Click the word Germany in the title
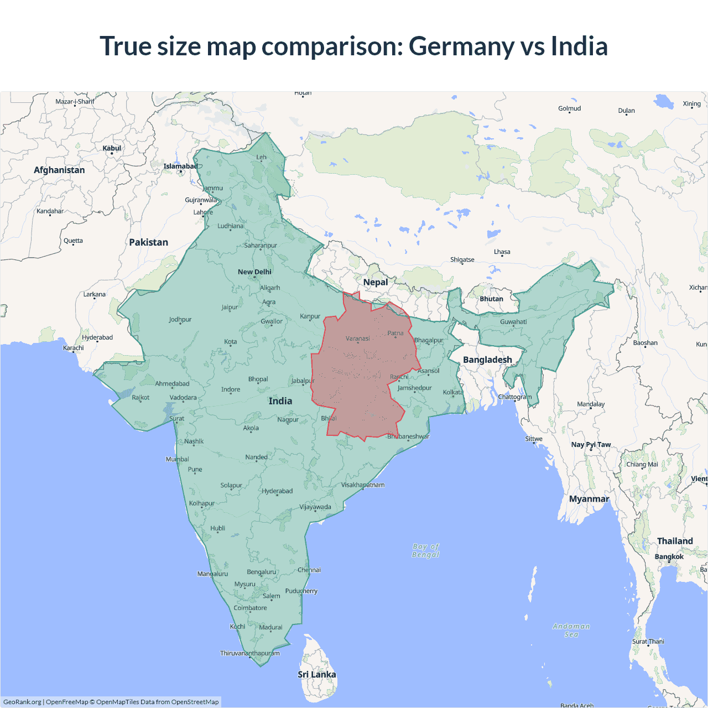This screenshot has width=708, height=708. click(x=462, y=46)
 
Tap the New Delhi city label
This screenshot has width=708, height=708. click(x=254, y=272)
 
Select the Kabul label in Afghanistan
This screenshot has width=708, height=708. click(x=112, y=148)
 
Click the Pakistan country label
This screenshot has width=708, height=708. click(x=148, y=242)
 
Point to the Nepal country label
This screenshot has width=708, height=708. click(x=376, y=282)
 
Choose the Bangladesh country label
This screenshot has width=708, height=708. click(x=487, y=360)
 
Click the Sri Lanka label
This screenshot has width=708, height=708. click(x=316, y=674)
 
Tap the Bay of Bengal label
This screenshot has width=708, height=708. click(x=425, y=550)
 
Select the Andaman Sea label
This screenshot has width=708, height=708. click(x=571, y=630)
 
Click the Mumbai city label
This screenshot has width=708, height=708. click(x=178, y=459)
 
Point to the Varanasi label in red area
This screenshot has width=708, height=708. click(x=358, y=339)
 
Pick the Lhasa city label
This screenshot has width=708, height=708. click(x=502, y=252)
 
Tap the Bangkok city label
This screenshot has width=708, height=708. click(x=669, y=556)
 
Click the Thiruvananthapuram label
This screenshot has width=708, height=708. click(x=250, y=653)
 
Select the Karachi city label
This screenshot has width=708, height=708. click(x=74, y=348)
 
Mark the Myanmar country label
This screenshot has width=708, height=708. click(x=589, y=499)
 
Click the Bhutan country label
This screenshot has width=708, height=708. click(x=491, y=299)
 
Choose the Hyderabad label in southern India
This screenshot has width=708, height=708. click(x=277, y=491)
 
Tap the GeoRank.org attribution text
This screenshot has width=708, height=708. click(x=22, y=702)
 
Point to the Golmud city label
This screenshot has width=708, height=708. click(x=569, y=108)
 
